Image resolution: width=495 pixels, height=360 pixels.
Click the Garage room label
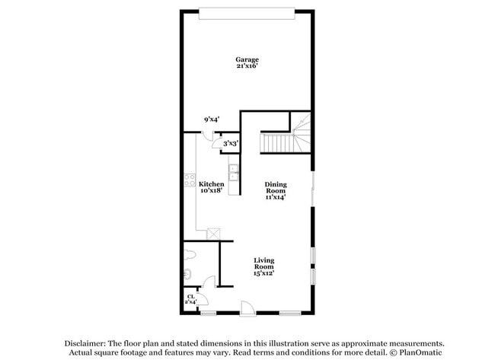click(247, 59)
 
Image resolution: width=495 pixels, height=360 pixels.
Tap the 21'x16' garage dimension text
click(247, 67)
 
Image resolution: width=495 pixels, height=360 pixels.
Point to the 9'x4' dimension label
click(211, 119)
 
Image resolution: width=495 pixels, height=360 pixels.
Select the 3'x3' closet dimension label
click(231, 142)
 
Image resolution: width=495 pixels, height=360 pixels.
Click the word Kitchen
click(211, 184)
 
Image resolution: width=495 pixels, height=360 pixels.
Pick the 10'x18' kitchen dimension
click(211, 191)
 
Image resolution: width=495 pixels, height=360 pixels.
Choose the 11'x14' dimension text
click(276, 197)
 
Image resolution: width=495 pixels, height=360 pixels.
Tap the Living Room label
click(263, 263)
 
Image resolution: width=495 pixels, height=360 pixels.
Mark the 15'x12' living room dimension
click(263, 273)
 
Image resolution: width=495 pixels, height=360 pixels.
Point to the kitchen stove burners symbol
click(189, 182)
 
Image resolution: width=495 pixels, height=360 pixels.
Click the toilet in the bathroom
click(190, 254)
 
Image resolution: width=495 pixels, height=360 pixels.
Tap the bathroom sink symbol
click(187, 273)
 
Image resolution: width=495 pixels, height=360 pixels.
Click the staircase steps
click(277, 142)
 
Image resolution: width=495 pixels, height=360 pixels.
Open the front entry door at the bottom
click(247, 307)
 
